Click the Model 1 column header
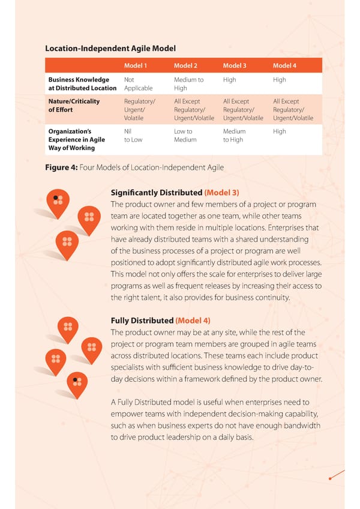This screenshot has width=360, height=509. pyautogui.click(x=135, y=65)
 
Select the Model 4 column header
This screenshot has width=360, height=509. pyautogui.click(x=284, y=65)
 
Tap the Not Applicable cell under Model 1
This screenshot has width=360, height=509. pyautogui.click(x=138, y=83)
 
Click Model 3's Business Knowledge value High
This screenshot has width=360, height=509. pyautogui.click(x=229, y=79)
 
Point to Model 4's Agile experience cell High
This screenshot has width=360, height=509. pyautogui.click(x=279, y=131)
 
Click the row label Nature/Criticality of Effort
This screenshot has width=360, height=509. pyautogui.click(x=74, y=106)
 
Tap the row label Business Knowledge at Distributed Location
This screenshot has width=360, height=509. pyautogui.click(x=82, y=83)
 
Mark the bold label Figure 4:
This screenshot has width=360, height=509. pyautogui.click(x=62, y=167)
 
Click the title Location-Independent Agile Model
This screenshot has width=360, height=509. pyautogui.click(x=110, y=48)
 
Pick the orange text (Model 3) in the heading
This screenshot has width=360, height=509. pyautogui.click(x=222, y=193)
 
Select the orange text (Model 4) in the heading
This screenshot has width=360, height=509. pyautogui.click(x=193, y=321)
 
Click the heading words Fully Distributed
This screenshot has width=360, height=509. pyautogui.click(x=142, y=321)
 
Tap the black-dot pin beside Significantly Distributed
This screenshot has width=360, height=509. pyautogui.click(x=57, y=200)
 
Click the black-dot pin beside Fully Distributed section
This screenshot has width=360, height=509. pyautogui.click(x=76, y=382)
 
